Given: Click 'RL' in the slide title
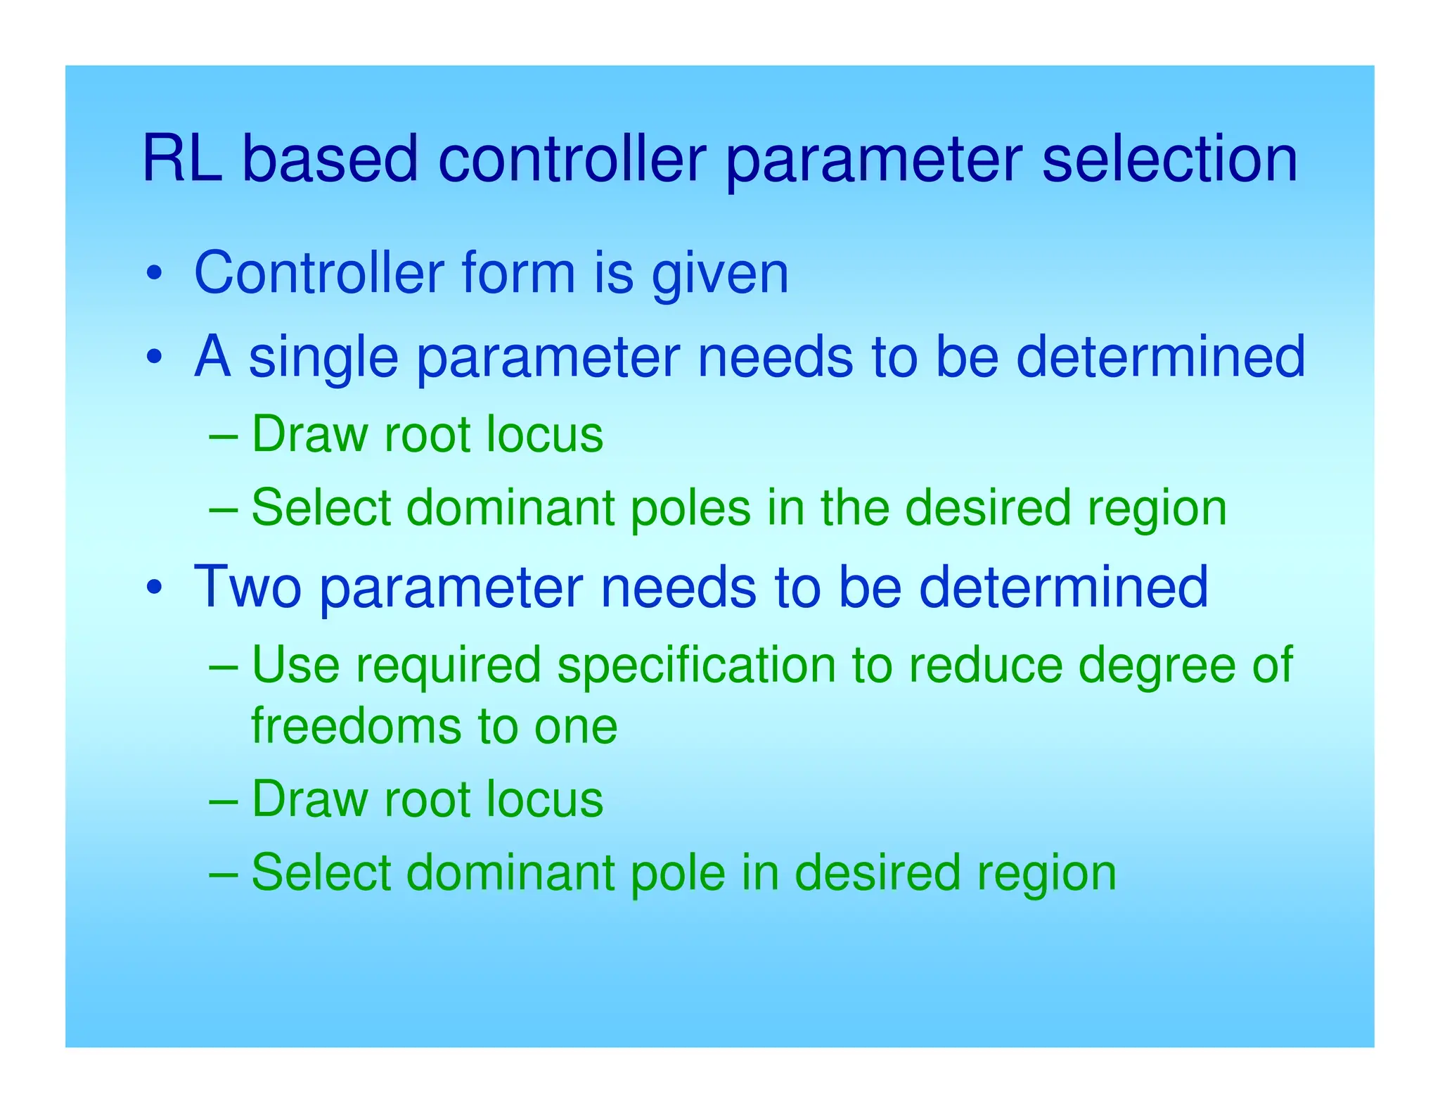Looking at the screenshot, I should click(182, 160).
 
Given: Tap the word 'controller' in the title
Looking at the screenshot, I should click(572, 160).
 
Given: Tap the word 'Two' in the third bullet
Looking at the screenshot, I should click(247, 587).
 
